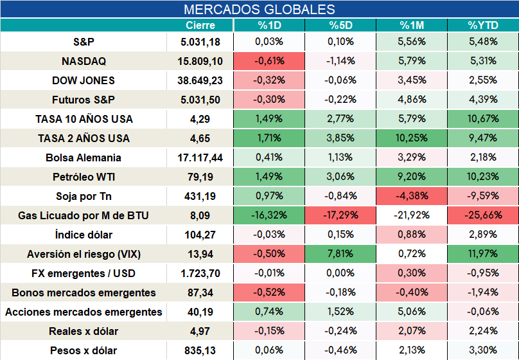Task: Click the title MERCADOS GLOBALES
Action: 259,9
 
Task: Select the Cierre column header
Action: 200,25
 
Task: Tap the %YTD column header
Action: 483,25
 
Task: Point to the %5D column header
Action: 340,25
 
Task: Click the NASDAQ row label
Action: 84,61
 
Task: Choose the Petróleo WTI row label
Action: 84,177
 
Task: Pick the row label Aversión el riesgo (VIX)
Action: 84,254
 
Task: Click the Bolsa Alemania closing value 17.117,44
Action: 200,157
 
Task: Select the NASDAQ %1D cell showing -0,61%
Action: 269,61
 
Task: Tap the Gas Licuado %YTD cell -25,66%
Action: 483,215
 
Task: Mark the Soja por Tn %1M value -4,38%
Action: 412,195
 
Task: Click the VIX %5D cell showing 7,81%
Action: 340,254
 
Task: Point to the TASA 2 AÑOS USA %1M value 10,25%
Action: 412,138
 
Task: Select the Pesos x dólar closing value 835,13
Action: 200,350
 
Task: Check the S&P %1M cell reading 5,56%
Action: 412,41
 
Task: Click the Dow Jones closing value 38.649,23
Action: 200,80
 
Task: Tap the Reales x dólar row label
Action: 84,331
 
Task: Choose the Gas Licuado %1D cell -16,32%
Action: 269,215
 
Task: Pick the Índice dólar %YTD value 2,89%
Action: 483,235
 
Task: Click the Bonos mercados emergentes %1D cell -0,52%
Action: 269,292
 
